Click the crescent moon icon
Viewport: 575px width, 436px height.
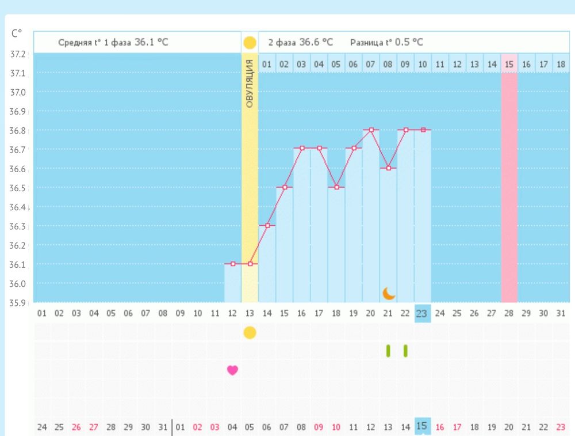pos(389,294)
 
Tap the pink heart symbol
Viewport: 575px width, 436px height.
pos(232,370)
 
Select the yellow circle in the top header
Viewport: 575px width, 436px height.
pos(250,42)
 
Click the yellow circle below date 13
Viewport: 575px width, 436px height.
pos(250,332)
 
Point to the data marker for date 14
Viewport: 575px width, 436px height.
pos(267,226)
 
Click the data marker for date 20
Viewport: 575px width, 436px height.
pos(371,130)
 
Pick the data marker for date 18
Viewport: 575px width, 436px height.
pos(336,187)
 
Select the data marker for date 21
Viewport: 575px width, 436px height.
pos(389,168)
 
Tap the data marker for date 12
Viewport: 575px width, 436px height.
pos(233,264)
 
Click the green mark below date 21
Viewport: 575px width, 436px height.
pos(388,351)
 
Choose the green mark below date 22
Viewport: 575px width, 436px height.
pos(405,351)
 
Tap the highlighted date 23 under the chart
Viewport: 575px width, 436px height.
pos(423,313)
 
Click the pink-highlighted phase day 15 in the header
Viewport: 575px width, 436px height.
pos(509,64)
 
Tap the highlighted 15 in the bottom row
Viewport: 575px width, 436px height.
pos(422,427)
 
